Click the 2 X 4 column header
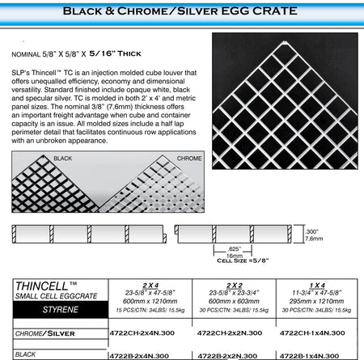[150, 285]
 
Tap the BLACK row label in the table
[26, 354]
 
